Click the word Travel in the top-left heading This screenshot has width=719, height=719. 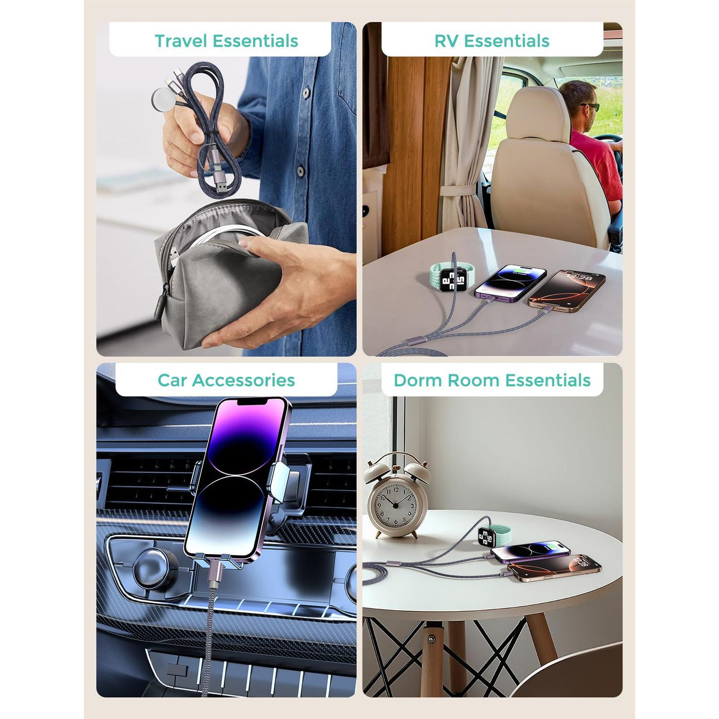pos(181,41)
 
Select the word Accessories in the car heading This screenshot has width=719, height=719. pos(243,380)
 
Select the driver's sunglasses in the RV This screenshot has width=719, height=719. pos(590,107)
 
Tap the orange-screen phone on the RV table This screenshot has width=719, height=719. pos(566,290)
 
